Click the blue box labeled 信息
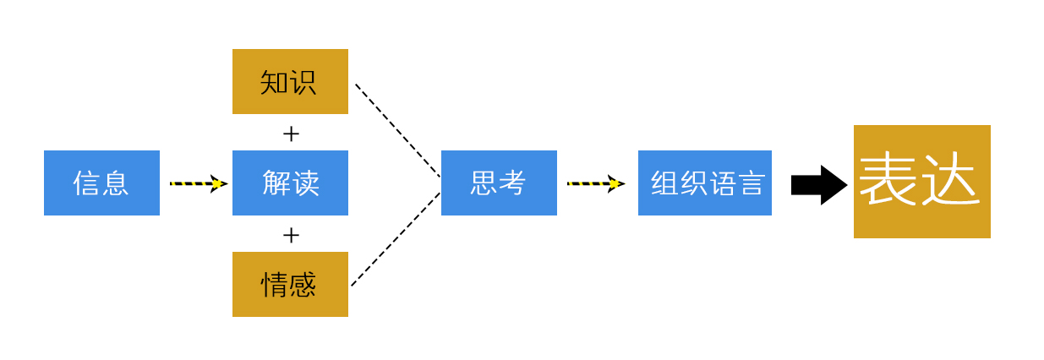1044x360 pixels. tap(101, 183)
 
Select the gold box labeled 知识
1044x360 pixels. tap(290, 81)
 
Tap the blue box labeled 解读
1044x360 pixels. tap(290, 183)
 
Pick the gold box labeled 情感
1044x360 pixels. tap(290, 284)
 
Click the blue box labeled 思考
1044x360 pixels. tap(499, 183)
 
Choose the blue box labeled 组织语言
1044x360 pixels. tap(704, 183)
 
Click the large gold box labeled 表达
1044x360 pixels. tap(921, 182)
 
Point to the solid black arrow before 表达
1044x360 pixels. tap(818, 185)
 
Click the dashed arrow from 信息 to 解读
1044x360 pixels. tap(198, 183)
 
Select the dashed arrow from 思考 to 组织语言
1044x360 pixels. tap(595, 183)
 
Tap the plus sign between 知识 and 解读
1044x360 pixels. tap(291, 134)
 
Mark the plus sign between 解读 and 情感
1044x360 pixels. tap(291, 235)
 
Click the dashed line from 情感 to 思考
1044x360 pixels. tap(396, 239)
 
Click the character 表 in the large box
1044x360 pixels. tap(888, 179)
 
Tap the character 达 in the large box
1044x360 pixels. tap(951, 179)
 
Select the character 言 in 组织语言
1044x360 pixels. tap(752, 183)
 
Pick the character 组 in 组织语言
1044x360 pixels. tap(664, 183)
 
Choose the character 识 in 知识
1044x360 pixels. tap(303, 82)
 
